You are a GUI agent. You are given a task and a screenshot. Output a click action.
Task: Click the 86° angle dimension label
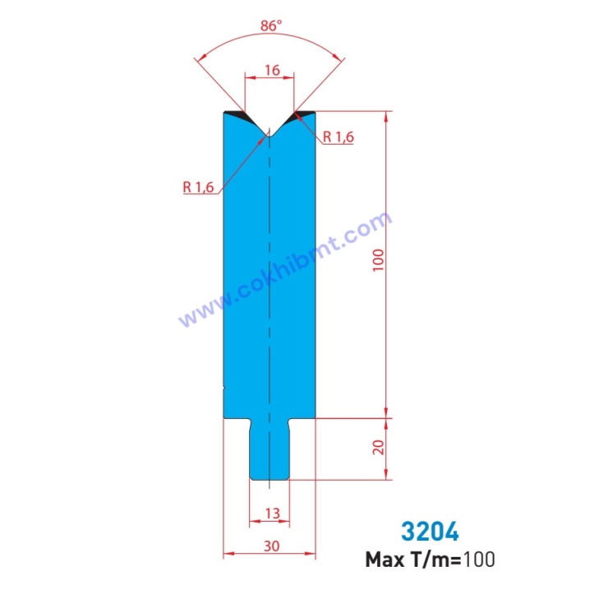(x=270, y=25)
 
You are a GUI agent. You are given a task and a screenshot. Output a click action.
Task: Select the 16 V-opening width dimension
(x=270, y=71)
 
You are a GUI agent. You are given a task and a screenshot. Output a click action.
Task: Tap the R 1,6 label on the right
(x=338, y=137)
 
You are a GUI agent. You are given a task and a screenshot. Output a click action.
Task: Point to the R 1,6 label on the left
(x=198, y=187)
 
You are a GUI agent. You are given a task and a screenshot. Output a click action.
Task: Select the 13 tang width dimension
(x=272, y=514)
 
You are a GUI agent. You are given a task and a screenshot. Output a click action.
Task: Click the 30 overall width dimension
(x=270, y=546)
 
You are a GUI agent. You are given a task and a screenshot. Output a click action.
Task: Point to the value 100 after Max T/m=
(x=479, y=560)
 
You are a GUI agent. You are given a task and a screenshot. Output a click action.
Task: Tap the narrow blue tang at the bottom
(x=269, y=452)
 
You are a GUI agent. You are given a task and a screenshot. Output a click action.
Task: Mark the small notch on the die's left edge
(x=224, y=387)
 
